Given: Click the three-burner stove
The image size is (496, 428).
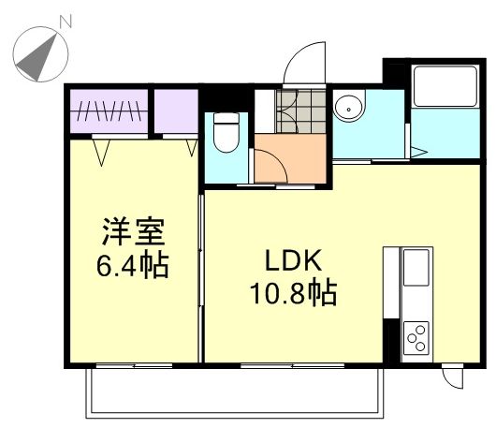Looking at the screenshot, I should pos(416,335).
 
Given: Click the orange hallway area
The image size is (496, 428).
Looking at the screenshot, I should pos(290,159).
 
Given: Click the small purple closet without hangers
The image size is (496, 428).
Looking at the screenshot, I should pos(176,109).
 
